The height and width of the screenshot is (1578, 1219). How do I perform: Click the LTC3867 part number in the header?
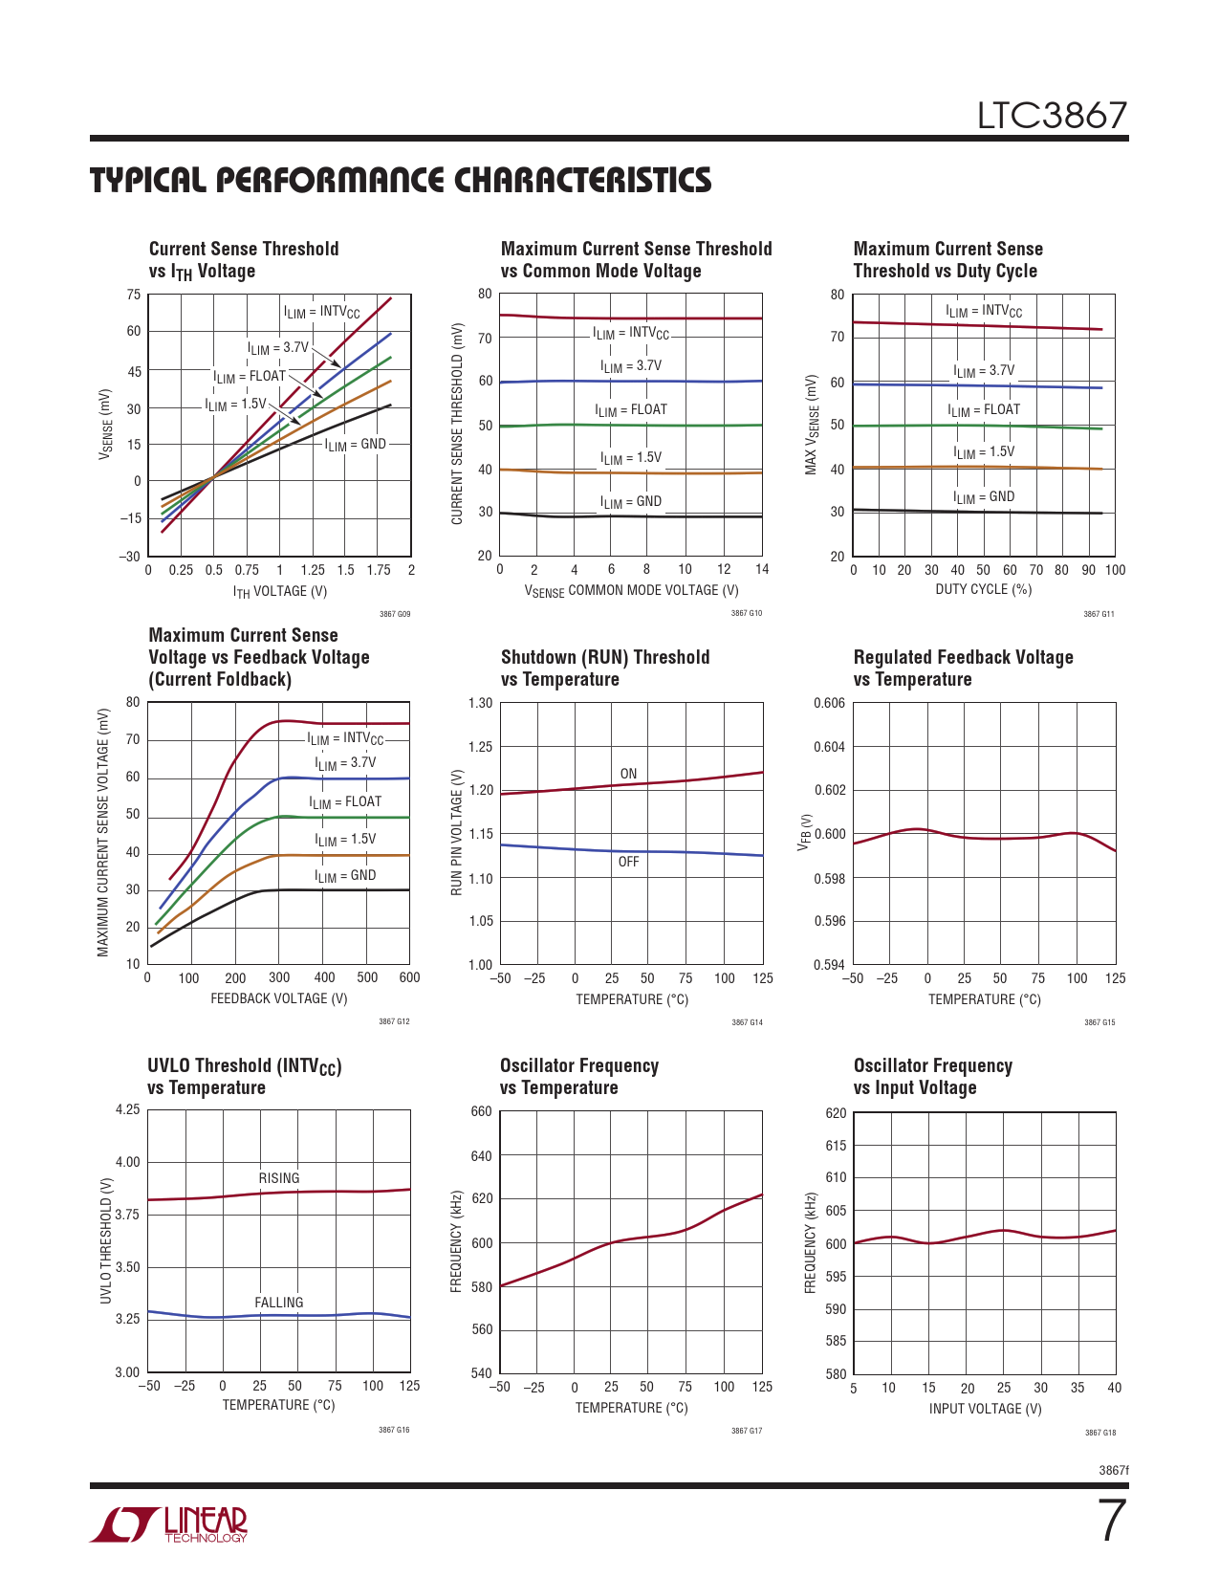[x=1052, y=116]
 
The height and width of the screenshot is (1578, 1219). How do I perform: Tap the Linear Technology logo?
[x=169, y=1524]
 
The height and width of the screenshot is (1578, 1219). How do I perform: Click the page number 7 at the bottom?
[x=1111, y=1522]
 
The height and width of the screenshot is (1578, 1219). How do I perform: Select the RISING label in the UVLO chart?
[x=279, y=1178]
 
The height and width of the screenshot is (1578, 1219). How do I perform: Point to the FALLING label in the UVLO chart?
[x=279, y=1303]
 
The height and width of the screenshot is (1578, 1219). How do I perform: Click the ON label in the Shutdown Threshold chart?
[x=628, y=774]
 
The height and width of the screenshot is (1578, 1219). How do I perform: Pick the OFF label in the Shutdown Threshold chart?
[x=628, y=862]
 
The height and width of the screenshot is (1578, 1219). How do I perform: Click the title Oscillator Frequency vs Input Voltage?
[x=932, y=1077]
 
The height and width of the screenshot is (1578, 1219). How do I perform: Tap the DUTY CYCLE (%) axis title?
[x=984, y=589]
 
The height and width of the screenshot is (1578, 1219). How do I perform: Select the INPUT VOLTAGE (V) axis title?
[x=985, y=1409]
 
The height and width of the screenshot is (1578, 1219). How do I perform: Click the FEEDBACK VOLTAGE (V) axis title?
[x=279, y=998]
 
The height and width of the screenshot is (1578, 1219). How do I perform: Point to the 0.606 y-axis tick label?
[x=829, y=704]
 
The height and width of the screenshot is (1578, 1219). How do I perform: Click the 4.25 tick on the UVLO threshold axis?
[x=127, y=1110]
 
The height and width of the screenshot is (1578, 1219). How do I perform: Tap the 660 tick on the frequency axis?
[x=482, y=1112]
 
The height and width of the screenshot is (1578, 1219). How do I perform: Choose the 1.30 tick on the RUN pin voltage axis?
[x=480, y=704]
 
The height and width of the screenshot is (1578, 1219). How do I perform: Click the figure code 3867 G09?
[x=394, y=614]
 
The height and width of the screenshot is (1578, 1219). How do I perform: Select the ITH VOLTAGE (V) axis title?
[x=280, y=591]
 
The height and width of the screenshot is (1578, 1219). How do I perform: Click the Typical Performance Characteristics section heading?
[x=401, y=181]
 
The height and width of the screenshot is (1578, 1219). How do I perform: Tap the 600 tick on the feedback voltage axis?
[x=409, y=977]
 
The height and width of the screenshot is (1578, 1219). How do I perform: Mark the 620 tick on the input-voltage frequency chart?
[x=836, y=1113]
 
